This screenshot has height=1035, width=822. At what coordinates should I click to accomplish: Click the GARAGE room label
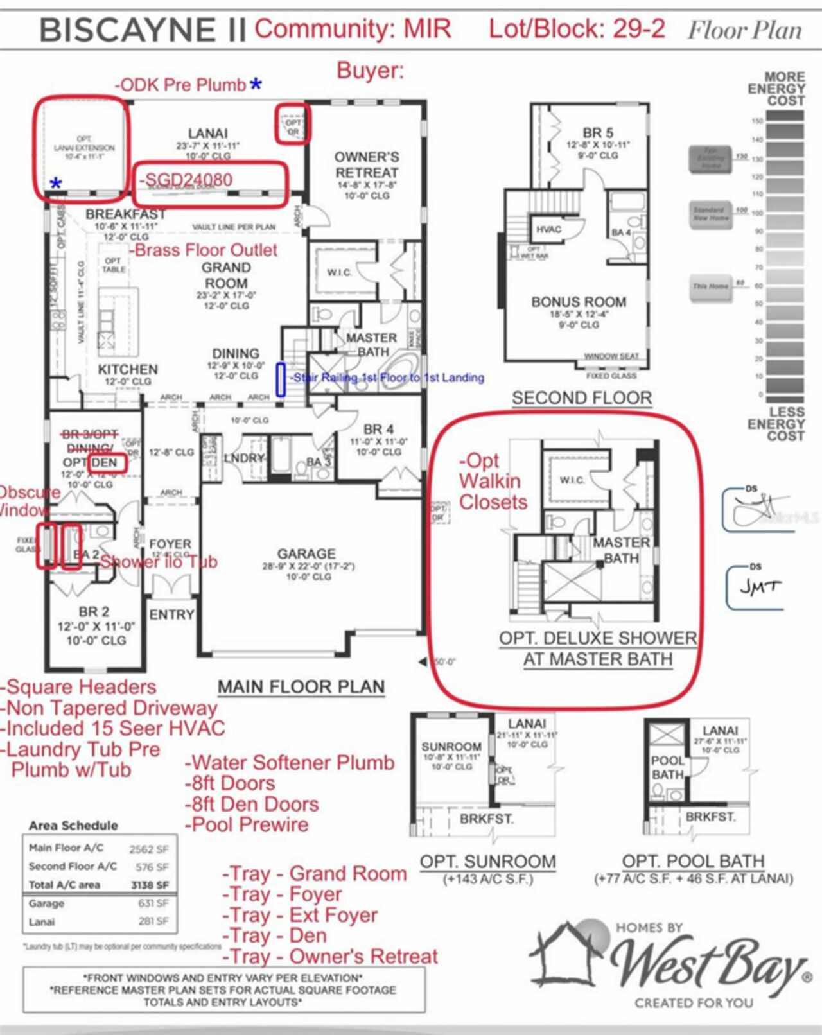[306, 553]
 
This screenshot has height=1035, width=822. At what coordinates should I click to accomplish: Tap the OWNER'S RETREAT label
[367, 164]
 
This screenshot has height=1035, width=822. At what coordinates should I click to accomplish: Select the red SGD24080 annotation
[188, 180]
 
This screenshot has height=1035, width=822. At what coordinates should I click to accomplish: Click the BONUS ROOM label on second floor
[579, 302]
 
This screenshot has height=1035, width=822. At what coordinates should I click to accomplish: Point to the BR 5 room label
[598, 133]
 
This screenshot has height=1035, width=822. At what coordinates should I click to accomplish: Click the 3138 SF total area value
[150, 885]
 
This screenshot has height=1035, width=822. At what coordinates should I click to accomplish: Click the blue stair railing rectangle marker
[281, 379]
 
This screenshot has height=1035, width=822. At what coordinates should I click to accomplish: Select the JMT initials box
[760, 586]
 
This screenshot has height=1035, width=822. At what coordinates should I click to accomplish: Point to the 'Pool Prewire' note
[247, 824]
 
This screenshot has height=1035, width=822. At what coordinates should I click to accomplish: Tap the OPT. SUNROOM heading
[488, 862]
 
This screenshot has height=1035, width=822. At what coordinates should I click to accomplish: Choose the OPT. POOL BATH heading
[693, 862]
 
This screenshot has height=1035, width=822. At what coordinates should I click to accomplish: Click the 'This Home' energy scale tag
[710, 286]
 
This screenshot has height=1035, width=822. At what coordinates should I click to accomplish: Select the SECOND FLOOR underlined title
[581, 398]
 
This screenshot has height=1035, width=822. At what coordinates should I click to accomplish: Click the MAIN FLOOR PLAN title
[301, 687]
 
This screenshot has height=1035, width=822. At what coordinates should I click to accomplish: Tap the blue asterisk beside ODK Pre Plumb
[256, 84]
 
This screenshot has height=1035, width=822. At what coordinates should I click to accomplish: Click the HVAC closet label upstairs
[548, 229]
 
